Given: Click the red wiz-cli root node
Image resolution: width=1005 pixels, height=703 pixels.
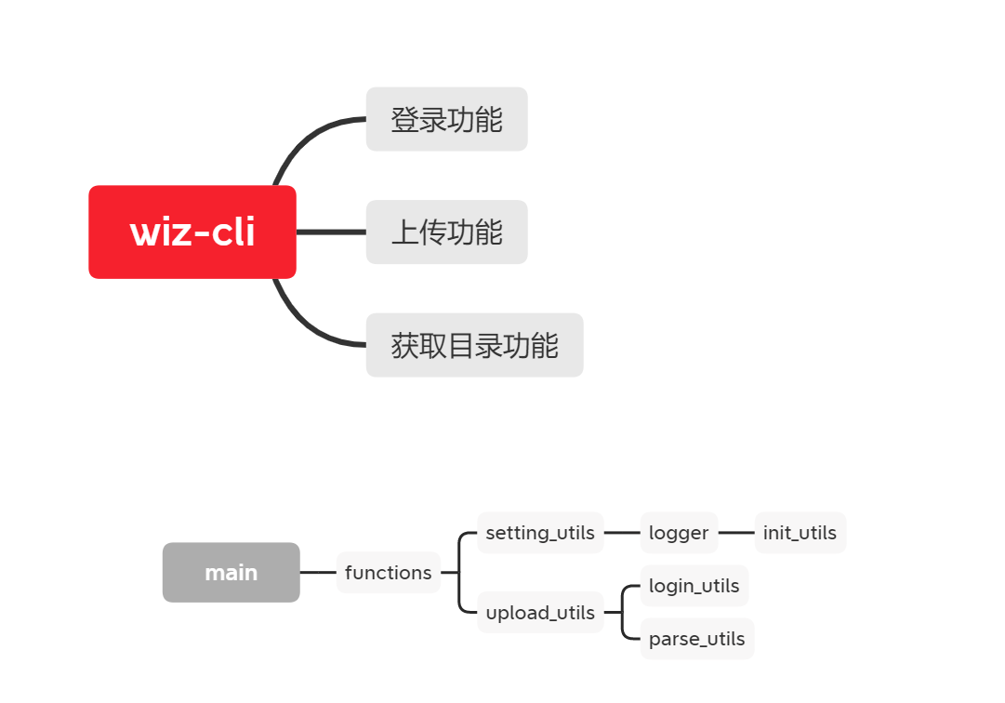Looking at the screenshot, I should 192,232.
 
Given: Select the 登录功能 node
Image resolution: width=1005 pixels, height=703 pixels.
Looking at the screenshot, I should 446,119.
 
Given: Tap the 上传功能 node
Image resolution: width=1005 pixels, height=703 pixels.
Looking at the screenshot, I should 446,232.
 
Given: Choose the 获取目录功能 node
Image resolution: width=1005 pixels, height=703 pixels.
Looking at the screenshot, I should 474,345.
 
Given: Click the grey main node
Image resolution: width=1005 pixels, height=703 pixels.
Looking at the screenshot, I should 231,573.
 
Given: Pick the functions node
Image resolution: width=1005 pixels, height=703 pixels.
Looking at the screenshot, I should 388,573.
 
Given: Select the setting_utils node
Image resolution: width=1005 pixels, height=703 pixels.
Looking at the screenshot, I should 540,533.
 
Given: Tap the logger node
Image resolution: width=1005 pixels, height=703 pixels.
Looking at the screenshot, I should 679,533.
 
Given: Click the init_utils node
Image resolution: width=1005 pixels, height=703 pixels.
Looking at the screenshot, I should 800,533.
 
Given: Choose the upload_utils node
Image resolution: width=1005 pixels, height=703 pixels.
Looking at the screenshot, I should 540,613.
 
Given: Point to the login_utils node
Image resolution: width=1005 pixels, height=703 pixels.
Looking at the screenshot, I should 694,586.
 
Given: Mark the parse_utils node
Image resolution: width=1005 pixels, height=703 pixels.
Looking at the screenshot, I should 696,639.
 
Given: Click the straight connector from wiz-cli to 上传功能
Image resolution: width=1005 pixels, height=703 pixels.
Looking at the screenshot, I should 331,232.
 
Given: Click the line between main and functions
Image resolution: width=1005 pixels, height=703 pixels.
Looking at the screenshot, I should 318,573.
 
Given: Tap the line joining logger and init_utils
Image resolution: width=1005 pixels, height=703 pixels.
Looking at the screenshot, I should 736,533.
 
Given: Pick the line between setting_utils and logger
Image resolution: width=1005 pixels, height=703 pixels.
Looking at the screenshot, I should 622,533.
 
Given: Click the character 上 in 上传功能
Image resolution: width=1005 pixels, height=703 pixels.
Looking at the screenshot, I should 404,232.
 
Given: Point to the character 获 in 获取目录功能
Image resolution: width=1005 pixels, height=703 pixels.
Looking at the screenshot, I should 404,345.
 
